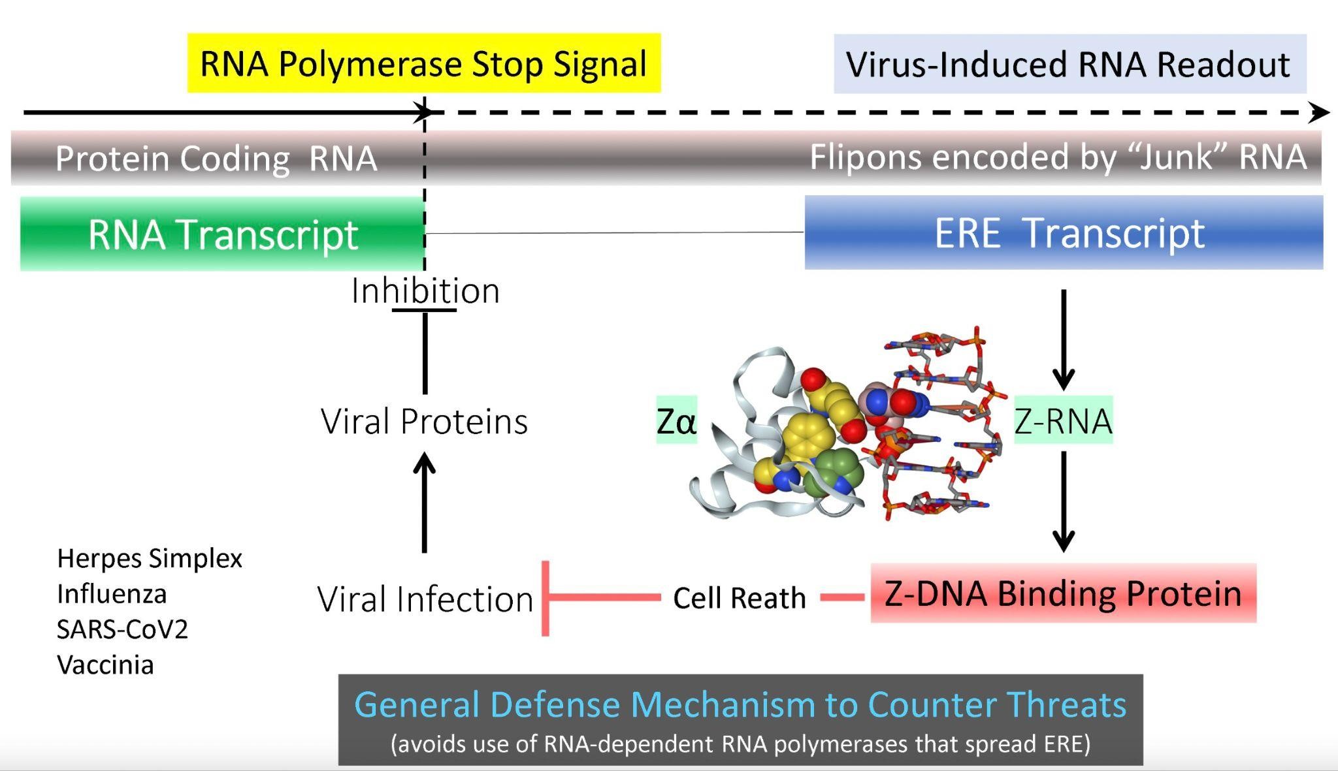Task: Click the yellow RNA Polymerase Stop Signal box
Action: coord(423,63)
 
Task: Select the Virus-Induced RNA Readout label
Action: coord(1069,65)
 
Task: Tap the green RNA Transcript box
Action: coord(222,234)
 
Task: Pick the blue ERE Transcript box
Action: coord(1064,232)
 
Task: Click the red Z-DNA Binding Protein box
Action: coord(1063,593)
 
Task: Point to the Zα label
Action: coord(676,421)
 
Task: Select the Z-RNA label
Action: coord(1063,421)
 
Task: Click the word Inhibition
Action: coord(425,291)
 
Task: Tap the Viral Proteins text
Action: coord(424,421)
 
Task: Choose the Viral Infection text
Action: coord(425,599)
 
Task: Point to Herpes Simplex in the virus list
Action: coord(150,558)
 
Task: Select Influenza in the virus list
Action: coord(112,594)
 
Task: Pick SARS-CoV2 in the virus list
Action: coord(122,629)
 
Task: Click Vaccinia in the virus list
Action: coord(106,665)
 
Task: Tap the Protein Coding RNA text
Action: coord(216,159)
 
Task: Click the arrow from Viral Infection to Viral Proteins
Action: coord(425,503)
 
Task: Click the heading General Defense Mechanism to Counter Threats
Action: coord(740,705)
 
